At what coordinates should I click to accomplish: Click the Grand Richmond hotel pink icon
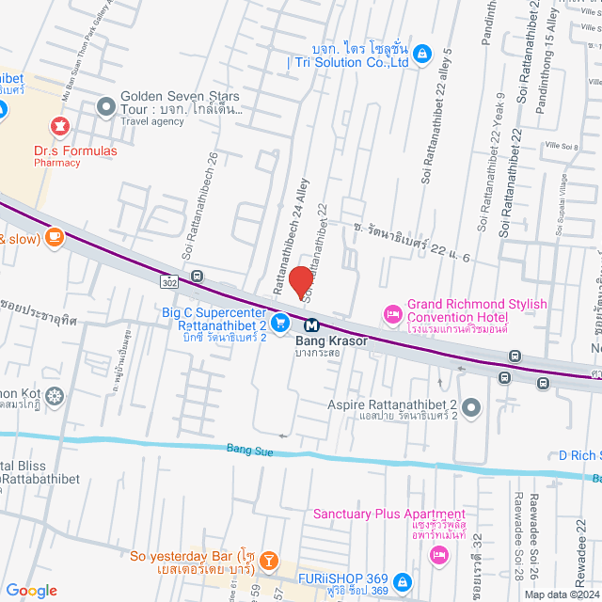coord(391,312)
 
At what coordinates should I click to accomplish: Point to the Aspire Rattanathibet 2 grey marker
coord(471,406)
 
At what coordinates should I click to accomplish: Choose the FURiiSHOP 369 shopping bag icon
coord(402,581)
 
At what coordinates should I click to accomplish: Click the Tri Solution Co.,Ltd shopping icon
coord(423,53)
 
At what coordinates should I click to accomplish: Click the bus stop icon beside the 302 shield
coord(196,277)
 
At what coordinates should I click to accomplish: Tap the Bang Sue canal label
coord(249,451)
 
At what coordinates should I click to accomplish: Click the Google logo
coord(32,590)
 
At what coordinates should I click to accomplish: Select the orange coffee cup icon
coord(54,235)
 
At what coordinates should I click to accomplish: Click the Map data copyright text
coord(561,594)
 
